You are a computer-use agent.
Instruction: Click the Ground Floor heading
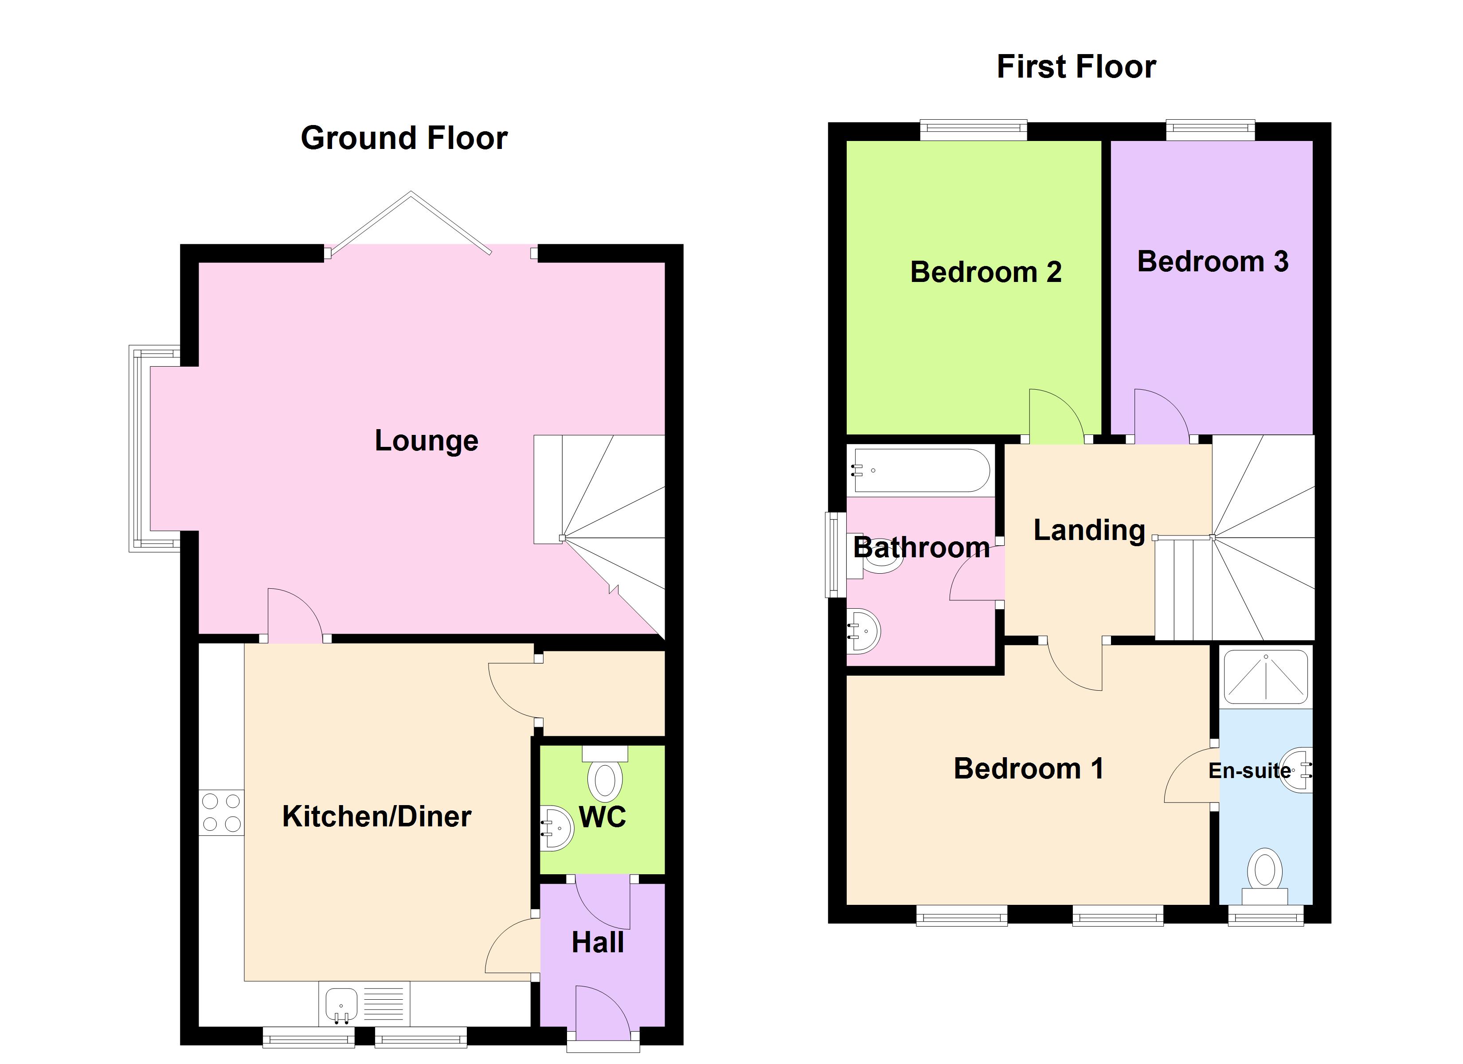point(404,138)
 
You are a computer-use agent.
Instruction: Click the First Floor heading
point(1076,66)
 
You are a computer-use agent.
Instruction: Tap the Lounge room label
point(426,441)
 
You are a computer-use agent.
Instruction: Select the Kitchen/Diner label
point(377,816)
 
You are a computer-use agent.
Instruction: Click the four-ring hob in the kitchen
point(221,812)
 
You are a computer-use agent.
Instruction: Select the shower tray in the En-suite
point(1266,676)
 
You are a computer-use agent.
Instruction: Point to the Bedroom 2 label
point(986,272)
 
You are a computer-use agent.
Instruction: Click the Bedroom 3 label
point(1212,261)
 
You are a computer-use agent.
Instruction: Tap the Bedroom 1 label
point(1028,768)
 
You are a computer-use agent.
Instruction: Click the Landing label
point(1089,530)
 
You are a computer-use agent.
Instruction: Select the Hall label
point(597,943)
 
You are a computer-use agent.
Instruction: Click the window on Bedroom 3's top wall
point(1210,130)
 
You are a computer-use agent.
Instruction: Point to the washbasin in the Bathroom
point(864,631)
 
